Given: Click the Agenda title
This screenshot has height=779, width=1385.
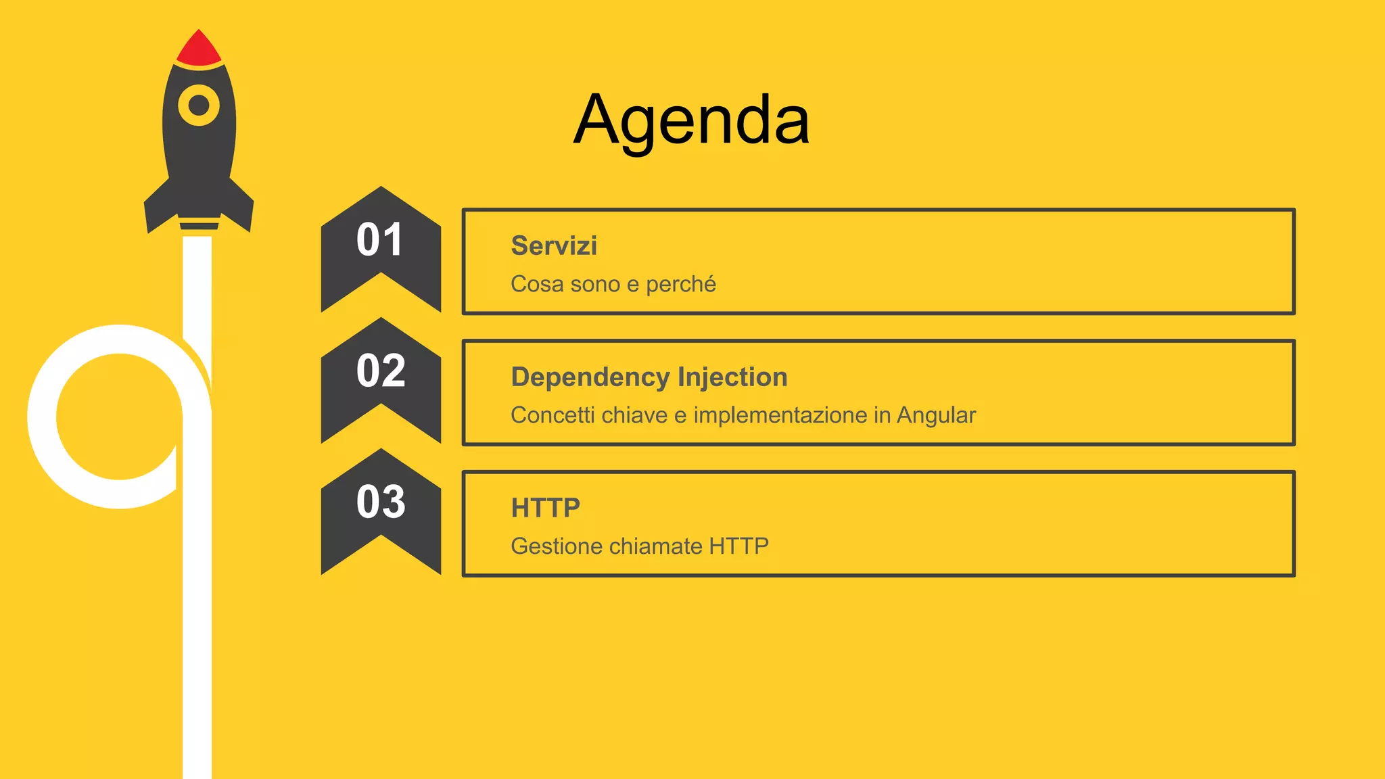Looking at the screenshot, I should (x=691, y=120).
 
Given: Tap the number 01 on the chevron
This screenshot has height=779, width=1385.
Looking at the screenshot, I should (x=380, y=240).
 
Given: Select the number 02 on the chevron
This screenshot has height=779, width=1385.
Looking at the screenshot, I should (x=381, y=371).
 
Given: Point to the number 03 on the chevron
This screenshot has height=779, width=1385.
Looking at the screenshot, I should (x=381, y=502).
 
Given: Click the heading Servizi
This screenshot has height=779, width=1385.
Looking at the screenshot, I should (x=554, y=245).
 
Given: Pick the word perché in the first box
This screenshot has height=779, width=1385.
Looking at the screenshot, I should (x=680, y=285).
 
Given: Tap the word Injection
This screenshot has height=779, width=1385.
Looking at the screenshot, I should (x=732, y=377).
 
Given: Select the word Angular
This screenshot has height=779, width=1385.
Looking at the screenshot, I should (x=936, y=415).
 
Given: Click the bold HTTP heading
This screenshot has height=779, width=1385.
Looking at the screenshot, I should (x=545, y=508).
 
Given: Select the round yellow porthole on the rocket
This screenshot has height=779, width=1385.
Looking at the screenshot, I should (x=199, y=105).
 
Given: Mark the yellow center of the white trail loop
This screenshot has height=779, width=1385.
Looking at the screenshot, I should (x=118, y=416).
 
